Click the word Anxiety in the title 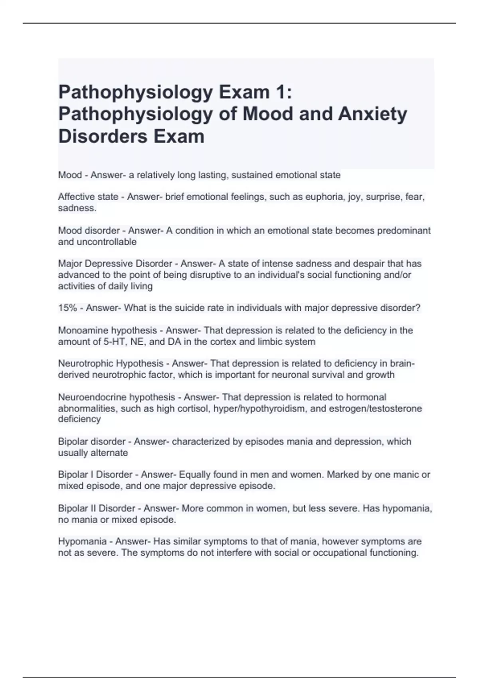tap(372, 114)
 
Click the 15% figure tap(66, 308)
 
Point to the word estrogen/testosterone tap(375, 408)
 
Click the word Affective tap(74, 197)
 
